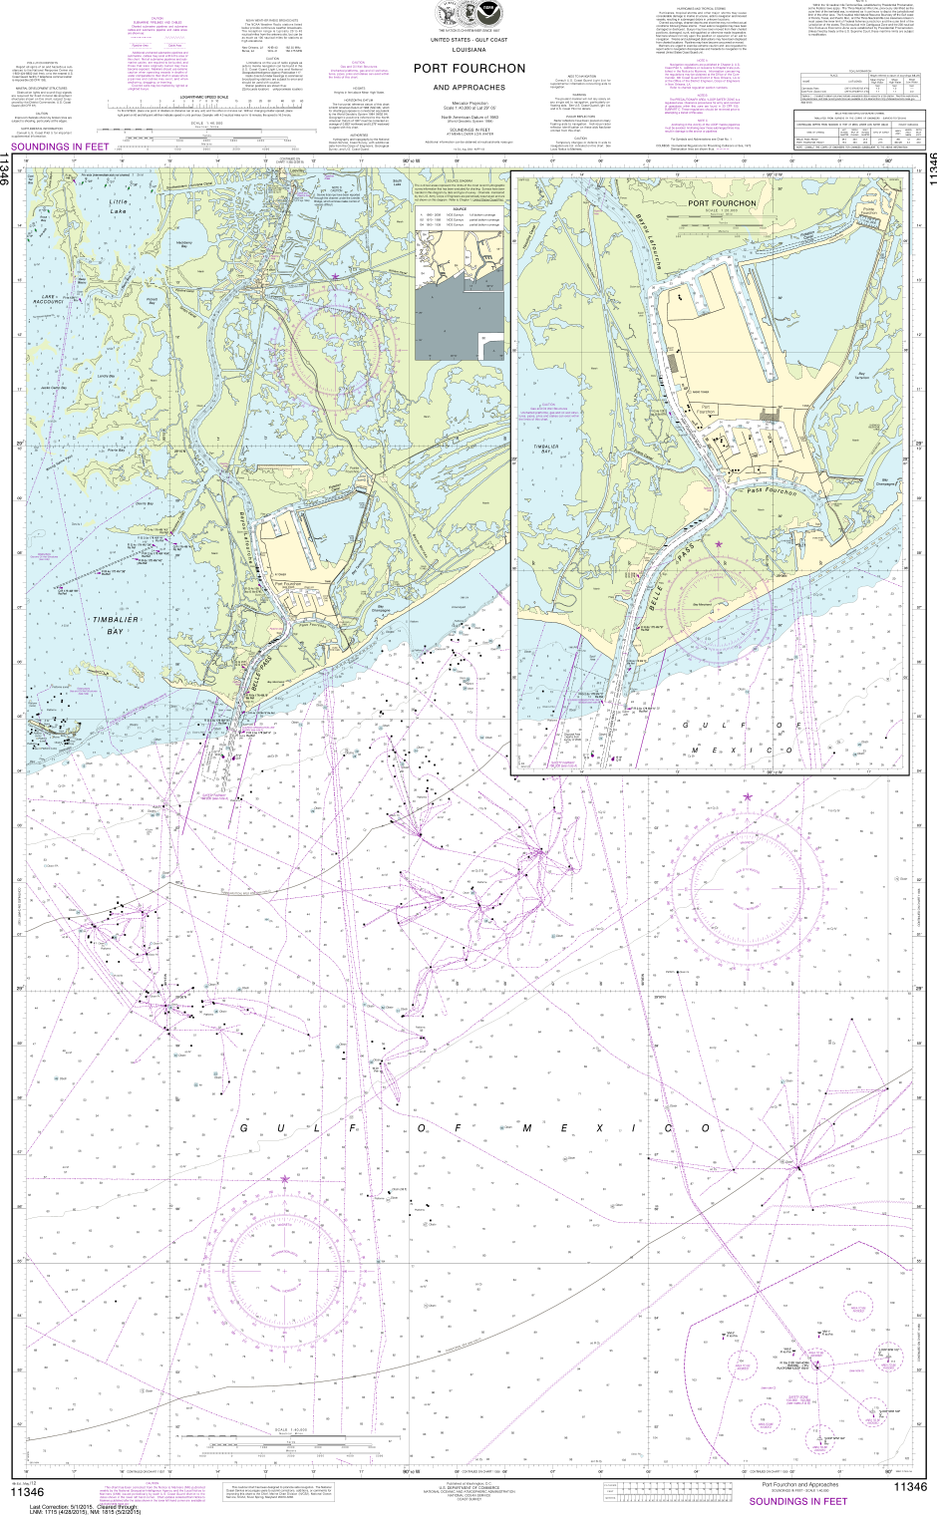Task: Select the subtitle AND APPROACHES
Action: [x=468, y=88]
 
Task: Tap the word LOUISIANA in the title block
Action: [x=468, y=49]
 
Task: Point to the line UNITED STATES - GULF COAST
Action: [x=468, y=39]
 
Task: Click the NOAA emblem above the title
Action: [x=487, y=14]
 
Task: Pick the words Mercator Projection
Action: [x=468, y=103]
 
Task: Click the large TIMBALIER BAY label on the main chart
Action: [x=109, y=625]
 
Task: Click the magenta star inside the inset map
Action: [x=718, y=544]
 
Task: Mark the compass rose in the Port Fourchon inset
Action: [x=719, y=618]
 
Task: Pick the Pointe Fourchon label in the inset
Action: [x=869, y=210]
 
